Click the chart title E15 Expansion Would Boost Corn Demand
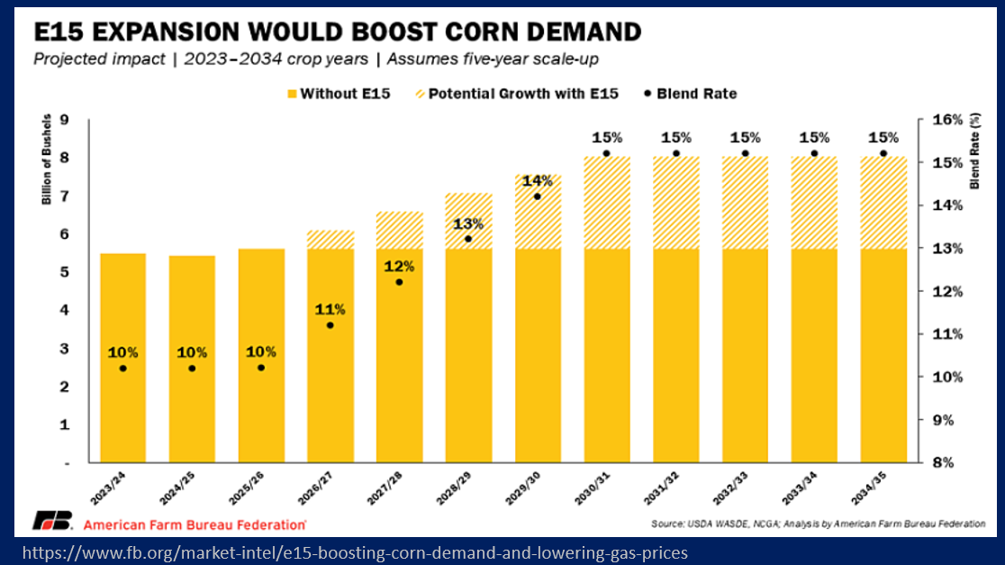pos(337,32)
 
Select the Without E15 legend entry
pos(339,94)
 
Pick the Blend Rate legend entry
pos(690,94)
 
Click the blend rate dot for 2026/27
pos(330,325)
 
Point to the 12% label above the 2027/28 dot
pos(399,266)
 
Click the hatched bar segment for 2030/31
pos(606,202)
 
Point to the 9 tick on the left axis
pos(65,119)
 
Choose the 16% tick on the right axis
pos(947,119)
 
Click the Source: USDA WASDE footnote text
pos(818,524)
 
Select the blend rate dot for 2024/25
pos(192,369)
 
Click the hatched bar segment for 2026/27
pos(330,239)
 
